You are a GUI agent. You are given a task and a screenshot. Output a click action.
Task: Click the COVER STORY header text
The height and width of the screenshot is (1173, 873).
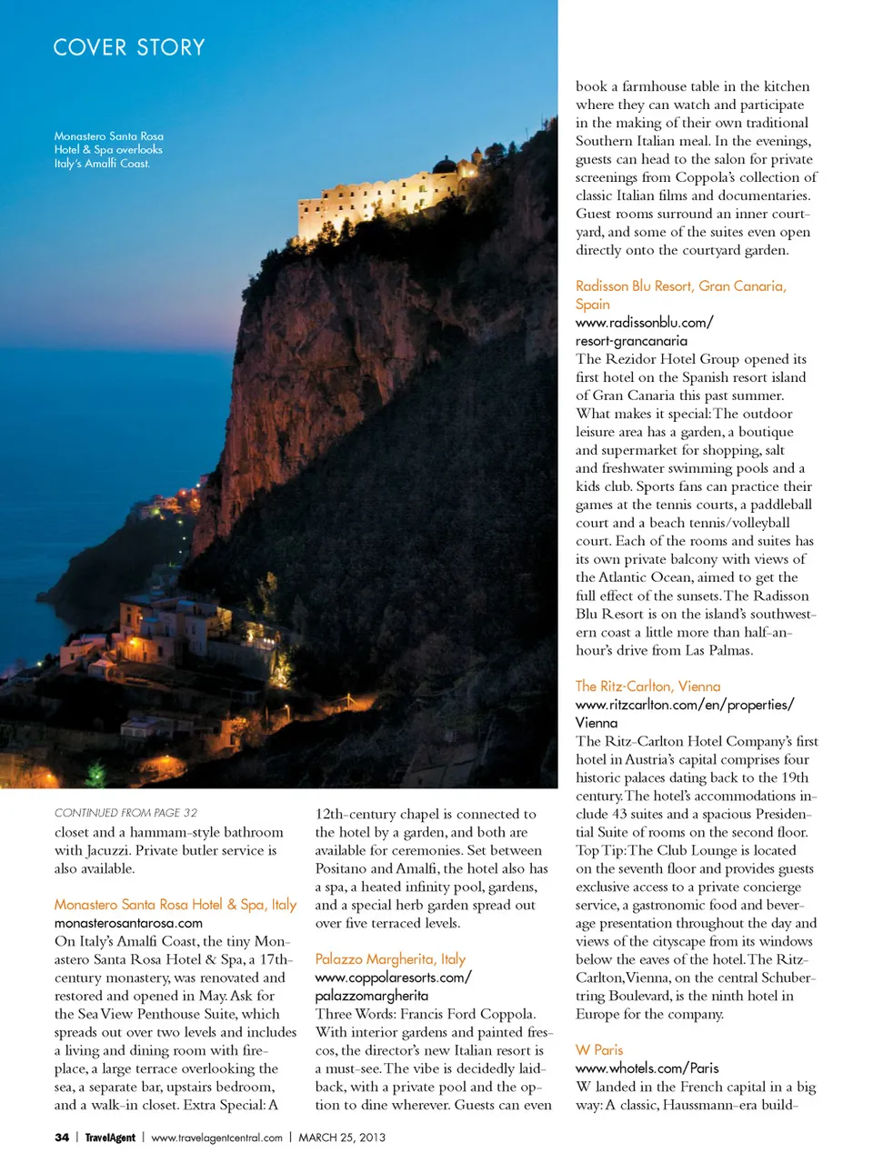point(129,47)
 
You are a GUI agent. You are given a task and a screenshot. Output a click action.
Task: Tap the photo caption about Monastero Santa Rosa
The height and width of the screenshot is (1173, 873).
point(109,150)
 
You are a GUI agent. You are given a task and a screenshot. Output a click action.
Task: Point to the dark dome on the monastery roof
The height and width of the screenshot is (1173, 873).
point(445,164)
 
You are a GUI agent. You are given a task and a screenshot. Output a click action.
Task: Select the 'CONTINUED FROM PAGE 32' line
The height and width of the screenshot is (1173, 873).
point(125,813)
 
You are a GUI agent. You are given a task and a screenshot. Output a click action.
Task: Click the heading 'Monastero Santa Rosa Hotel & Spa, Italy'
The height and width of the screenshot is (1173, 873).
point(176,905)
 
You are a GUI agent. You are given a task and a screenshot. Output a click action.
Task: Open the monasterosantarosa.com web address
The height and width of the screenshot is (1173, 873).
point(128,923)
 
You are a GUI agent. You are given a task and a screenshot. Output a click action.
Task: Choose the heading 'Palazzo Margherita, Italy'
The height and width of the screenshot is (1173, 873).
point(390,959)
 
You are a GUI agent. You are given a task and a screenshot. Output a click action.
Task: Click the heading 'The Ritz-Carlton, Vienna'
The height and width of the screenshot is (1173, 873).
point(647,687)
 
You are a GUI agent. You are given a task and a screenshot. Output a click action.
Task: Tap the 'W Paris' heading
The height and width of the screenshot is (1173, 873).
point(599,1050)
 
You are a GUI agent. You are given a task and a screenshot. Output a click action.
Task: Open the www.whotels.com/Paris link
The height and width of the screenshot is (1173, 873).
point(647,1068)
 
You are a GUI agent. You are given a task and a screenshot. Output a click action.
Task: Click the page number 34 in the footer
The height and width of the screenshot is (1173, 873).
point(62,1138)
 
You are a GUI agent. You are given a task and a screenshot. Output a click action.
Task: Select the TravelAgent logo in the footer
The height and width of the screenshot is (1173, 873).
point(110,1138)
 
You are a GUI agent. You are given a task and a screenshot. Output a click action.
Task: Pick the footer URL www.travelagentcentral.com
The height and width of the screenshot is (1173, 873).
point(216,1138)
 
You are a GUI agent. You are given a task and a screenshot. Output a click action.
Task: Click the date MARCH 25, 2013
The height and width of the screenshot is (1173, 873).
point(342,1138)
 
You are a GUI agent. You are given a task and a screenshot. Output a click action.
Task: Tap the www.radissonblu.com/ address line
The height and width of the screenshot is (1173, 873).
point(644,323)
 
